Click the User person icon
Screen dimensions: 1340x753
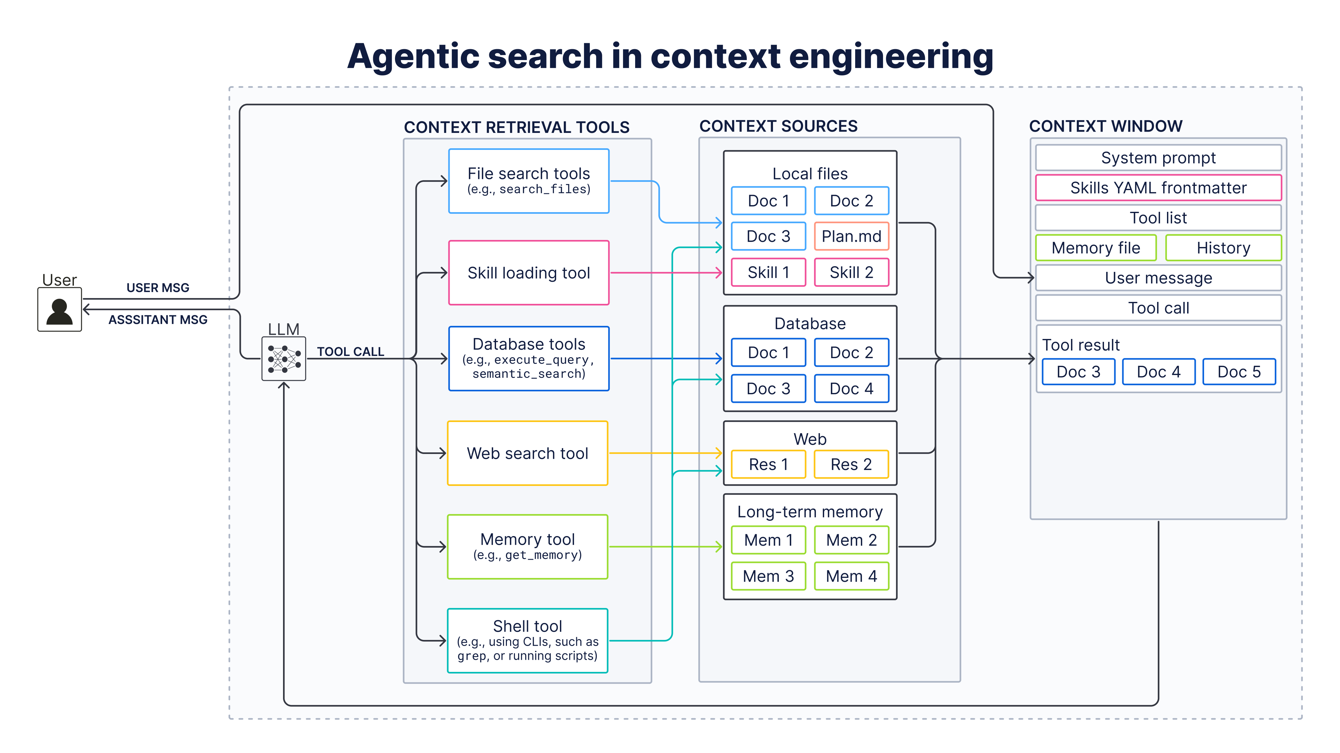point(59,309)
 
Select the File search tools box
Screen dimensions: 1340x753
point(529,181)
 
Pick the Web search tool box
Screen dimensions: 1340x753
point(527,453)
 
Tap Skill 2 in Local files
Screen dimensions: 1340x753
point(852,272)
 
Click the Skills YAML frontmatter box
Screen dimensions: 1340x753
point(1158,188)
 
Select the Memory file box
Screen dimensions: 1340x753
point(1096,248)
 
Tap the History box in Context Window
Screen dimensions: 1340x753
point(1224,248)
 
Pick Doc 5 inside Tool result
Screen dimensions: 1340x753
point(1239,372)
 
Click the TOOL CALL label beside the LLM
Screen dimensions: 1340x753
point(351,352)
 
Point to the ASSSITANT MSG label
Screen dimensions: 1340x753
point(158,319)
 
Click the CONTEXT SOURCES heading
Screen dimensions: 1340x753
point(778,126)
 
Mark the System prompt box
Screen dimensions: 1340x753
point(1158,158)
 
